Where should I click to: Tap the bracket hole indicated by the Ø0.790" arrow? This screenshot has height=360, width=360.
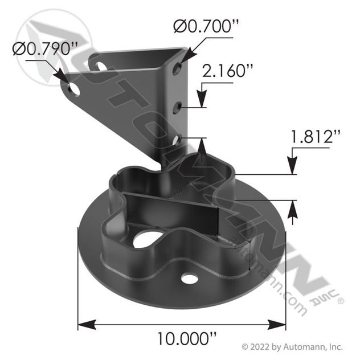[x=73, y=88]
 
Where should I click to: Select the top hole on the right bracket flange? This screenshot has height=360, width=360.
[x=178, y=69]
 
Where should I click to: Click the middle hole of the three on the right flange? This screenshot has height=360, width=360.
[x=178, y=105]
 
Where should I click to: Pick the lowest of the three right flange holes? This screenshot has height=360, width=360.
[x=178, y=138]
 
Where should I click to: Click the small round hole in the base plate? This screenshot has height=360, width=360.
[x=190, y=279]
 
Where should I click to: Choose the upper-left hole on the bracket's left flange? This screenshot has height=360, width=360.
[x=101, y=66]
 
